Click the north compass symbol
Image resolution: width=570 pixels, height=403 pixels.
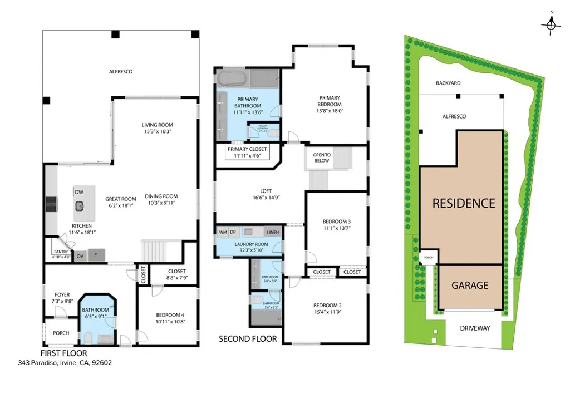[551, 24]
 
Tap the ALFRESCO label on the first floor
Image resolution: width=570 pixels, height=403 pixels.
[121, 72]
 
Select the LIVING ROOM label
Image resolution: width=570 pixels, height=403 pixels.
[158, 125]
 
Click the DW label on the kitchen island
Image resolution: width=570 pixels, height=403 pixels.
[79, 192]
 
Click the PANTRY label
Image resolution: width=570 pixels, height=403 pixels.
[61, 252]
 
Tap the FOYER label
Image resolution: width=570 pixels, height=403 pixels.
[62, 295]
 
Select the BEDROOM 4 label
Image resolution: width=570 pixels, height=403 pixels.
[169, 316]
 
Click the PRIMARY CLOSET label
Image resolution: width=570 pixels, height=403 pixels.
[247, 149]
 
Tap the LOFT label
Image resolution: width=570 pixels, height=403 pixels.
[266, 191]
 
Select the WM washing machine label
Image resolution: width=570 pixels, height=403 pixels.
[223, 232]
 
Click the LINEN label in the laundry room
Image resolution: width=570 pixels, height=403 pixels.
[273, 232]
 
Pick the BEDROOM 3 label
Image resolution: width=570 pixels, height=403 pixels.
[336, 222]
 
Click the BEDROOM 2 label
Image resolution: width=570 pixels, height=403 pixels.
[327, 306]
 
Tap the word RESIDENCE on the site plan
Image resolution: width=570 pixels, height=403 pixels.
[464, 204]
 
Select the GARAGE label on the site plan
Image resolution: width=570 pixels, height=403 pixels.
[470, 286]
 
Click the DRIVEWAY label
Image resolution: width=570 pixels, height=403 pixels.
[475, 328]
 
